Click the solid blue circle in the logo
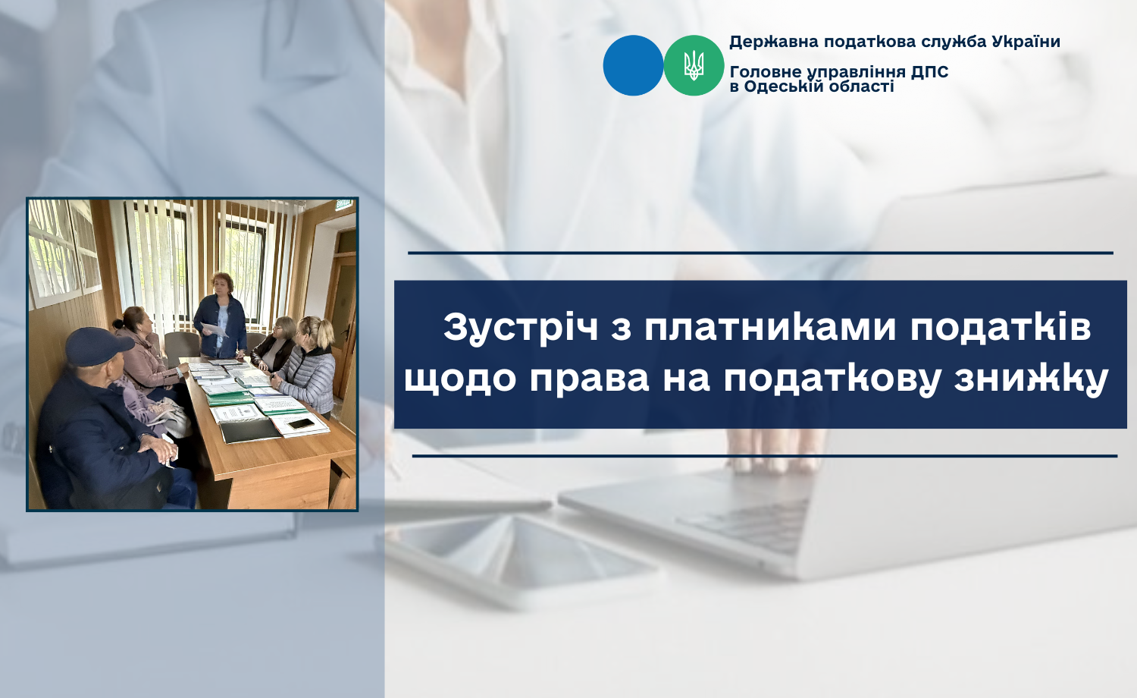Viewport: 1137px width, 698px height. click(x=633, y=65)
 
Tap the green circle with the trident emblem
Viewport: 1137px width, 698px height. click(x=694, y=65)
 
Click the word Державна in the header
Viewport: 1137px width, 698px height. click(x=774, y=42)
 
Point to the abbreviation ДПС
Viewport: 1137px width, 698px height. click(x=929, y=72)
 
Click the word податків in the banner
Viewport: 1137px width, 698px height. click(x=1001, y=328)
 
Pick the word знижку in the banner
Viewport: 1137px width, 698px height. click(x=1031, y=379)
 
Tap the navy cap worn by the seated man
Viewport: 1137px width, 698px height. click(x=99, y=345)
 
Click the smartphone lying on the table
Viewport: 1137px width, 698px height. click(x=301, y=423)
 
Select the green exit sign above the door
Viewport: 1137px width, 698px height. click(x=343, y=204)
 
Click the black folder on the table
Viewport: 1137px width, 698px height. click(x=249, y=431)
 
